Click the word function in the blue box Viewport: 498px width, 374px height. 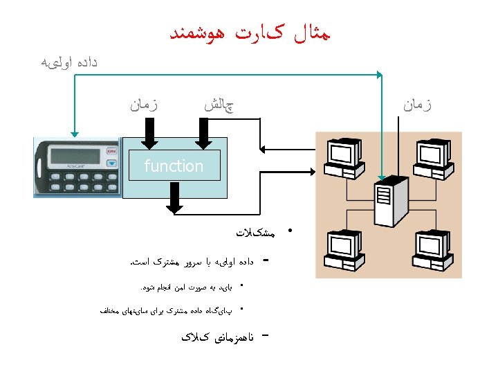(174, 166)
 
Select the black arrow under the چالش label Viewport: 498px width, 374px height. (203, 133)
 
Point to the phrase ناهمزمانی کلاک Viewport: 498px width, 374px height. (217, 337)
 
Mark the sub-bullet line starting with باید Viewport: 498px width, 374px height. (187, 286)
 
